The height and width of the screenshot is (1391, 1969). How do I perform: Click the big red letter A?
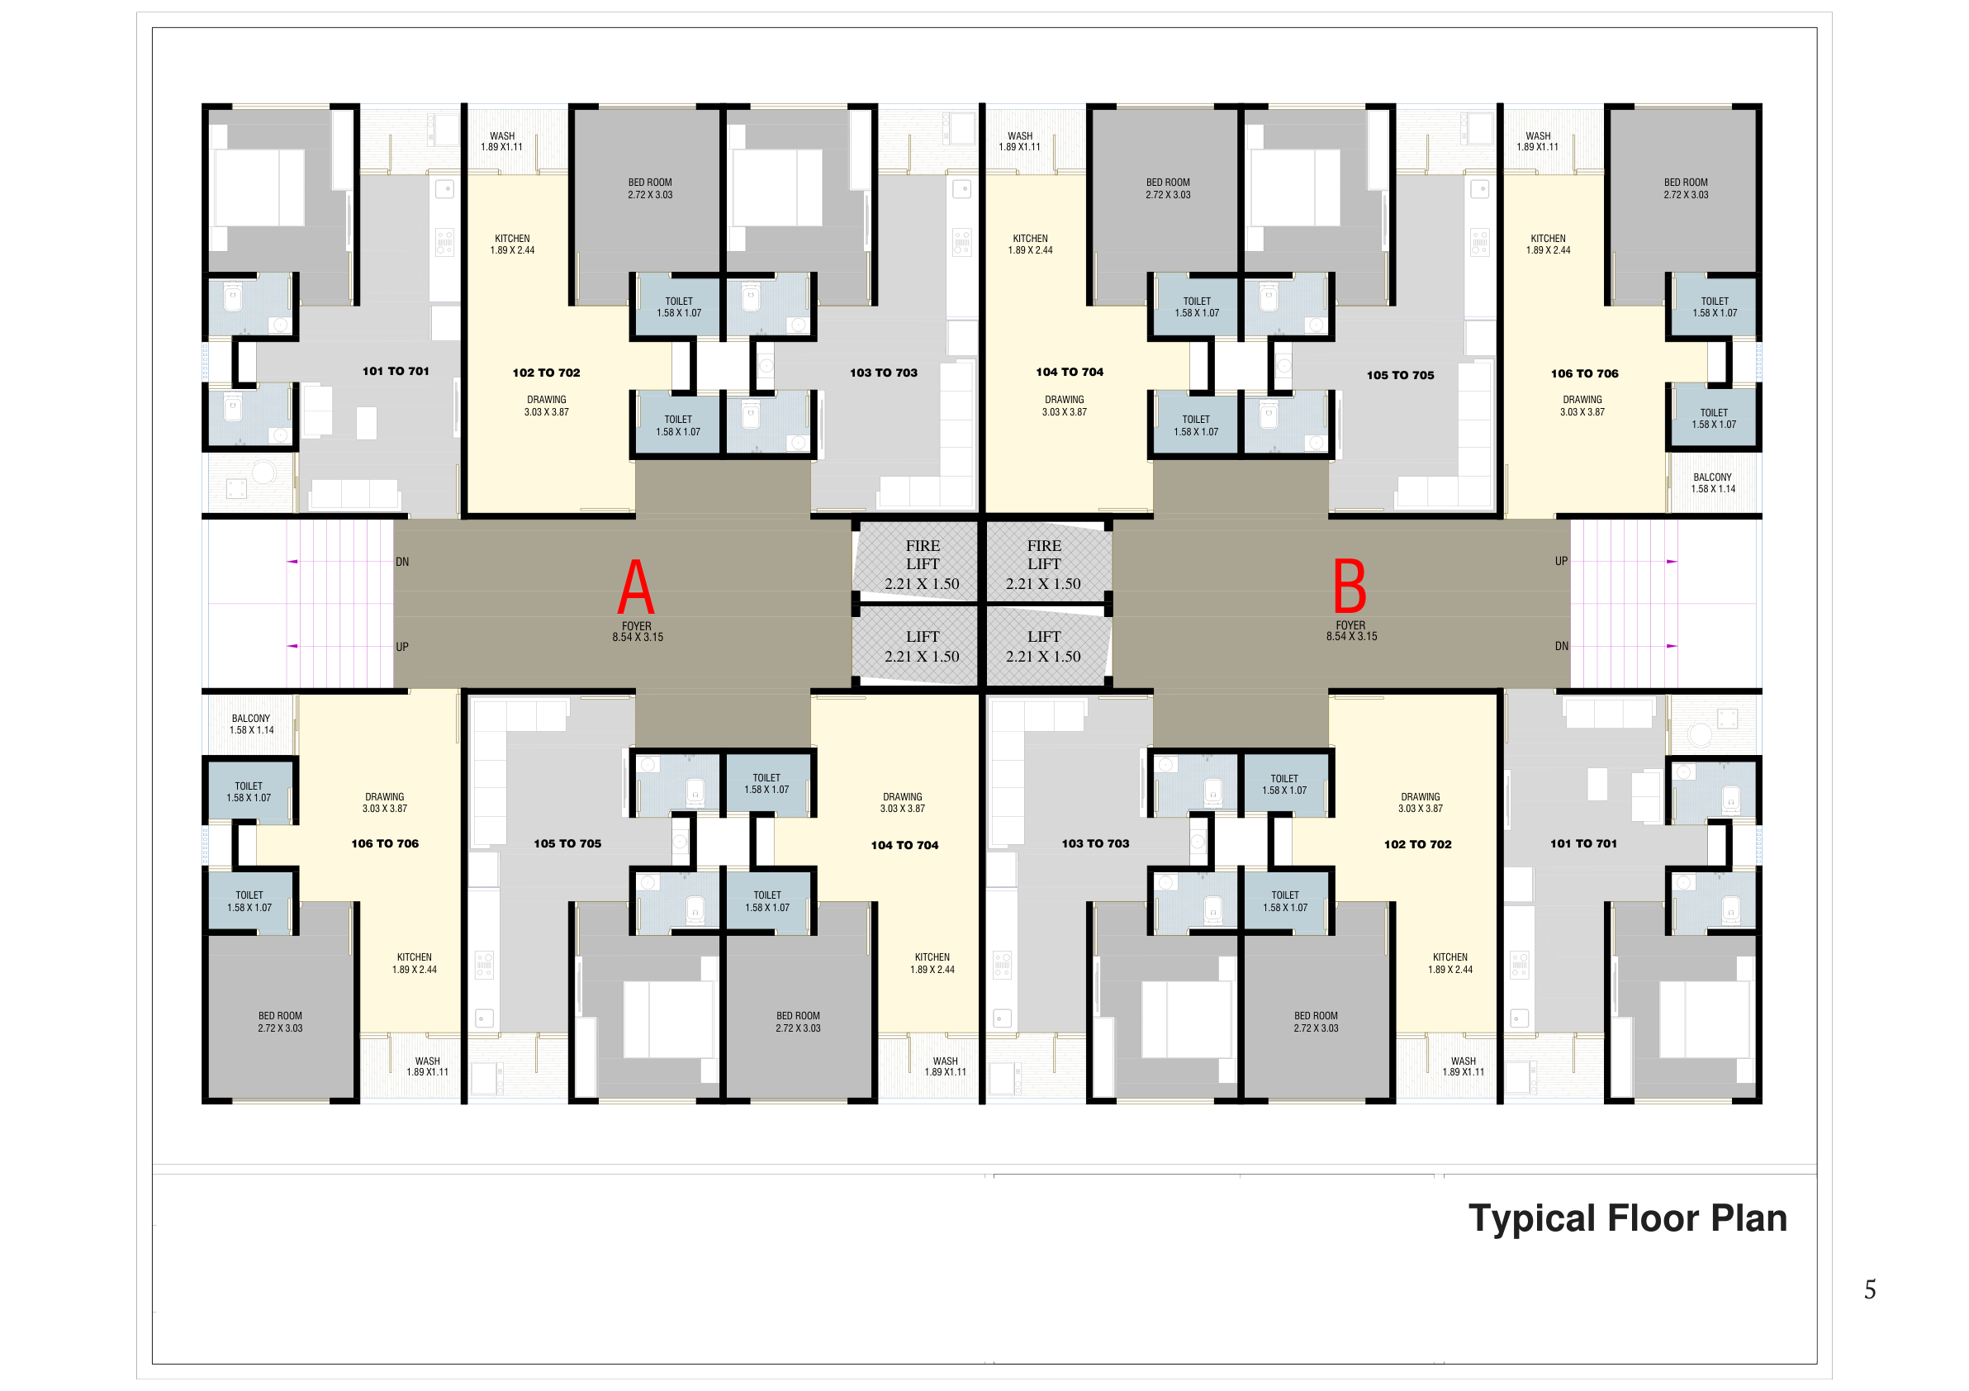(635, 586)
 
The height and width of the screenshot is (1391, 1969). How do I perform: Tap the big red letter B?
(1349, 586)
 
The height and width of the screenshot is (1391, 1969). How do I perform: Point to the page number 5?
(1870, 1289)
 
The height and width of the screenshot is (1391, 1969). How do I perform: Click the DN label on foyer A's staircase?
(402, 563)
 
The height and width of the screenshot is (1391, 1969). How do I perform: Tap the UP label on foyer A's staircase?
(402, 648)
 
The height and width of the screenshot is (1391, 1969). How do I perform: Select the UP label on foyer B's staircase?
(1561, 562)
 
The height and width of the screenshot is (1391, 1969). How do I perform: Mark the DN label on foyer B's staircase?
(1561, 647)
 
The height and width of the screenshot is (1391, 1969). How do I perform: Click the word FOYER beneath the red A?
(636, 626)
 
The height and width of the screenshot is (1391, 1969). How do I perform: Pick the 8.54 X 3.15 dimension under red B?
(1351, 637)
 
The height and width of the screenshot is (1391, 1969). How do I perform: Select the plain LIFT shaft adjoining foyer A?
(915, 645)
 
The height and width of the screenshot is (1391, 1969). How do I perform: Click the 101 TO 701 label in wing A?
(396, 372)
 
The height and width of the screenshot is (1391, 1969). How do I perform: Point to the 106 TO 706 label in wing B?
(1584, 374)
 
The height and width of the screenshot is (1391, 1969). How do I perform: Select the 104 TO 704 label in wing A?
(904, 846)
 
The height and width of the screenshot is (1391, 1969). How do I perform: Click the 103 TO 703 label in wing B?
(1095, 844)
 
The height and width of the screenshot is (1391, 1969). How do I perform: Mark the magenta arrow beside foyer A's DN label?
(292, 562)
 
